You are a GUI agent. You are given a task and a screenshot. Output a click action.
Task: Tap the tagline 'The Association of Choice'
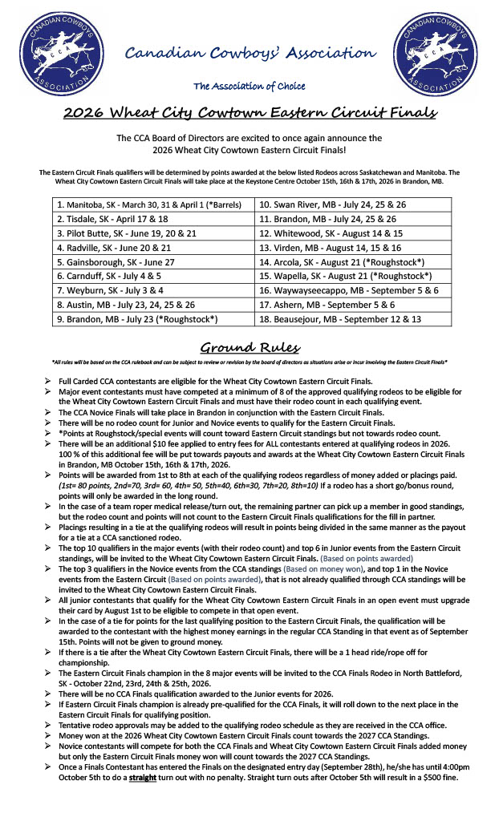click(x=249, y=86)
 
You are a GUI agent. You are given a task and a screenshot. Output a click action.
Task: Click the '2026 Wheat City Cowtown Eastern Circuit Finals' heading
click(x=249, y=113)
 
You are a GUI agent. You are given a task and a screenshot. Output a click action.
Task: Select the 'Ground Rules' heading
click(x=249, y=348)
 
